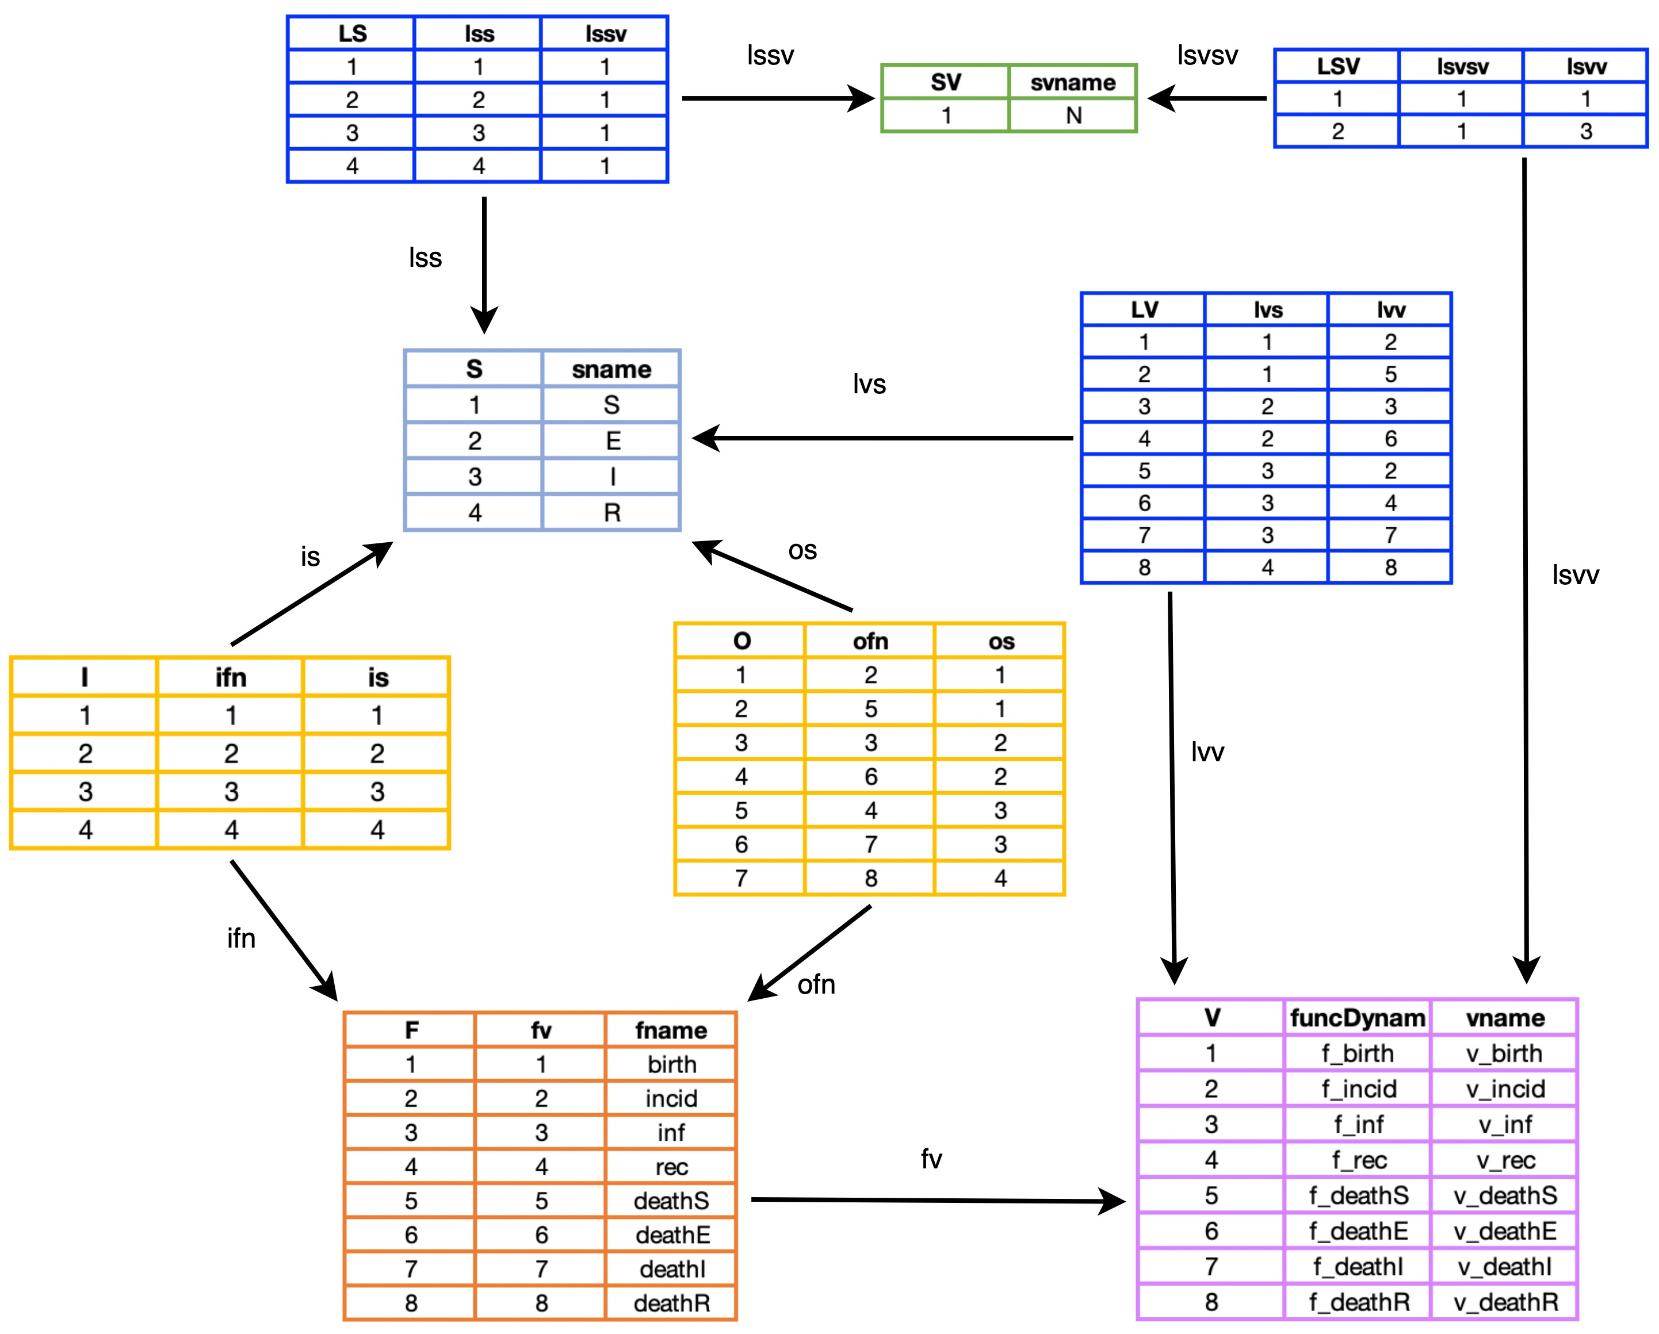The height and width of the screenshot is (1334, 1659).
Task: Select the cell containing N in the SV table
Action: click(x=1073, y=116)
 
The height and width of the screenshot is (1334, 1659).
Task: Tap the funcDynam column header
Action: click(x=1358, y=1018)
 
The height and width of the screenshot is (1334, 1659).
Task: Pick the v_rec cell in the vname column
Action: click(x=1505, y=1160)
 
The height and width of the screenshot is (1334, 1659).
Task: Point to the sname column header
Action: click(x=611, y=369)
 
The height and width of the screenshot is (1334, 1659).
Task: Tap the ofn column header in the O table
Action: click(x=870, y=641)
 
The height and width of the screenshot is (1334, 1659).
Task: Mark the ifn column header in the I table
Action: click(x=231, y=677)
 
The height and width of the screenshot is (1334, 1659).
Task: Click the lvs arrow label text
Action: click(x=869, y=384)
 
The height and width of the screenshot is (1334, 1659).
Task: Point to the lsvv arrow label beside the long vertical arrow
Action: click(x=1575, y=574)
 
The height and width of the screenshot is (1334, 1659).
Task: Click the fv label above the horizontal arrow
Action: click(x=931, y=1159)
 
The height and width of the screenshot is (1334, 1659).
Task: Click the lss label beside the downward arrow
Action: click(x=425, y=258)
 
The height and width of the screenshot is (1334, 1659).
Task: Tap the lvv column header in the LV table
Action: click(x=1390, y=310)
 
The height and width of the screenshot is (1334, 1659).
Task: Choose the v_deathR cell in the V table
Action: click(x=1505, y=1302)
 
